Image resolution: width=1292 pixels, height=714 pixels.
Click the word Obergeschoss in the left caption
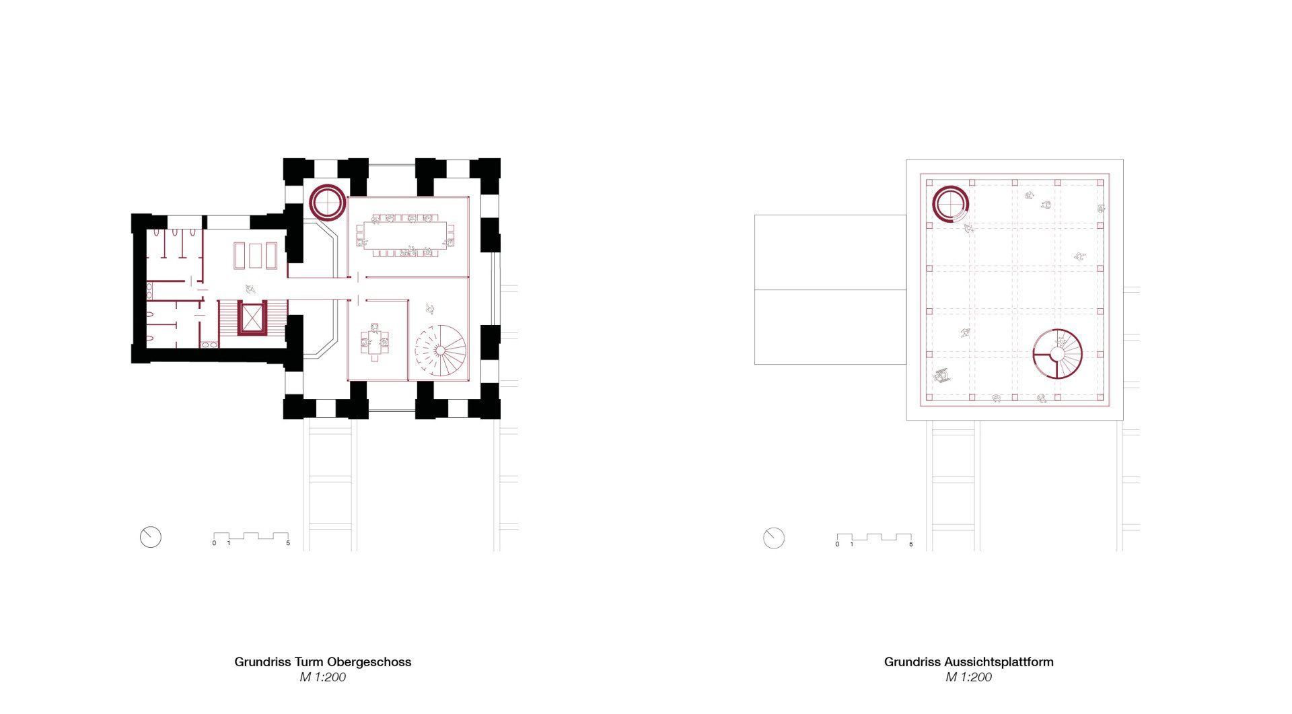pos(369,662)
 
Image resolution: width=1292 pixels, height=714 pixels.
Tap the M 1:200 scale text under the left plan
pos(323,678)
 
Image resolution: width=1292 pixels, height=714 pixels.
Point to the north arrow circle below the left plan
pos(151,537)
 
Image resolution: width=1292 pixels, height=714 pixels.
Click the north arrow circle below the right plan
pos(774,538)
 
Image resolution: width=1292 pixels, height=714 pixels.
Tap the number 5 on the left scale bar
pos(288,543)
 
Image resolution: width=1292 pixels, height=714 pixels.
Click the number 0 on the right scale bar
pos(837,544)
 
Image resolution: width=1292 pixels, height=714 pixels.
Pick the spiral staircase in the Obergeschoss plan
pos(440,351)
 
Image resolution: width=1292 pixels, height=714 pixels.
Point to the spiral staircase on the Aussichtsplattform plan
pos(1058,355)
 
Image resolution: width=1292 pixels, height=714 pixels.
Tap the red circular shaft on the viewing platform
pos(951,203)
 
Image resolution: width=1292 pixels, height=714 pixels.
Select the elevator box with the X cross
pos(252,318)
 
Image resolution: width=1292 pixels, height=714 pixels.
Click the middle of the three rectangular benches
pos(255,256)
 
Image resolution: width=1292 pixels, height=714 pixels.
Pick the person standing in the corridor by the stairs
pos(250,289)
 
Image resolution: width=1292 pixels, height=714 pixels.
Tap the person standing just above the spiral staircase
pos(429,308)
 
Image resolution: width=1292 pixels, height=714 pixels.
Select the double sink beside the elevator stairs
pos(209,344)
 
